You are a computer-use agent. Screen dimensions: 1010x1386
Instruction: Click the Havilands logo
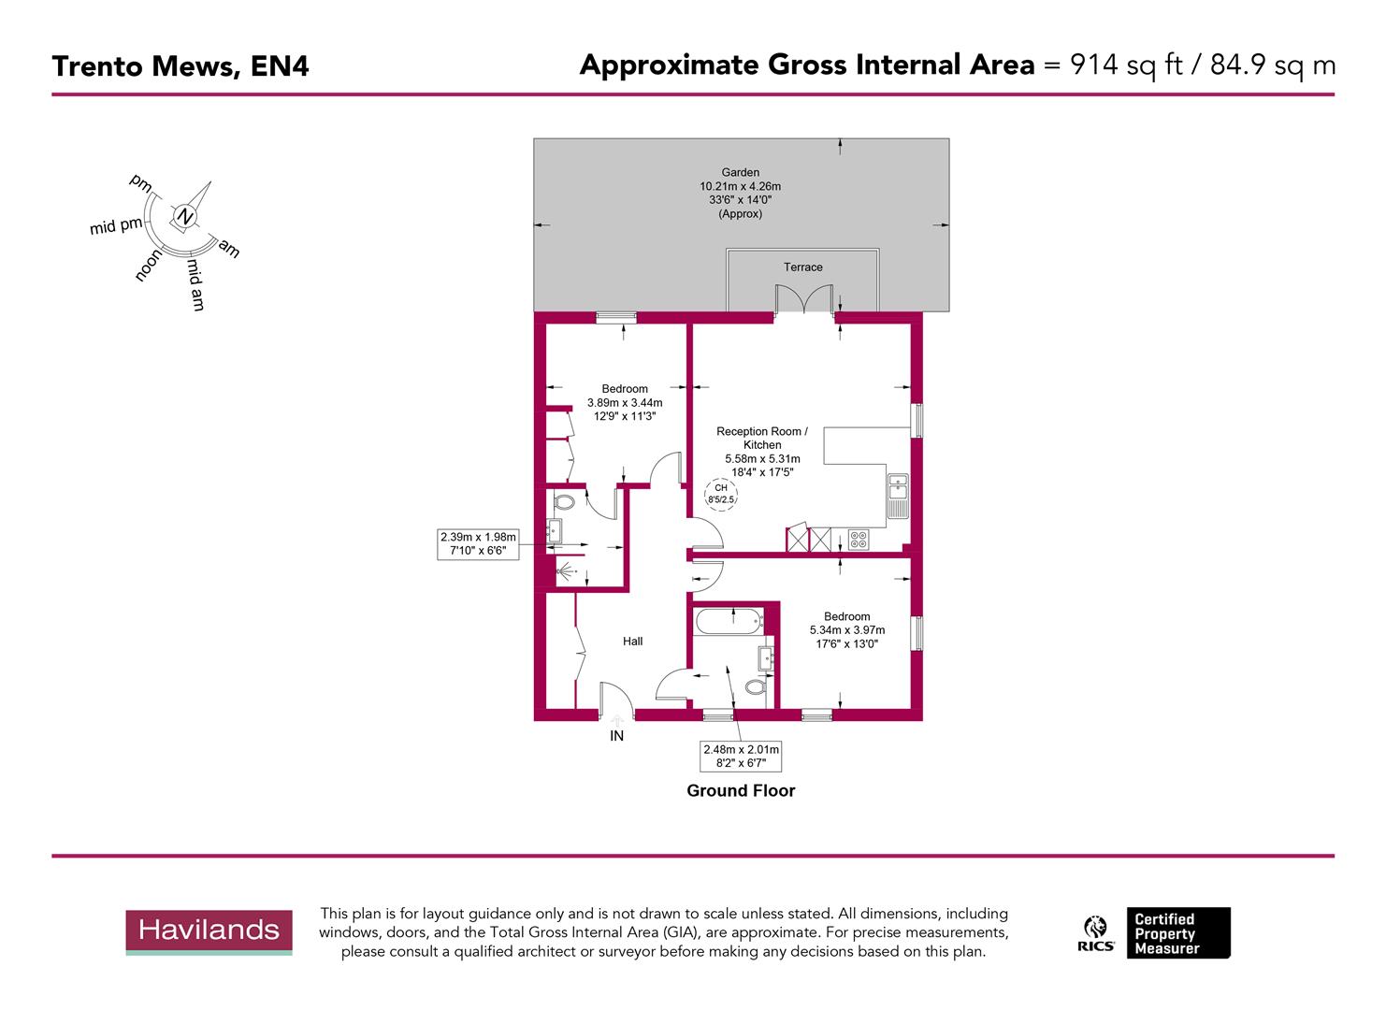tap(209, 931)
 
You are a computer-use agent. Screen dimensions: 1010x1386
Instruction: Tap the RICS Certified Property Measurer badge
tap(1155, 933)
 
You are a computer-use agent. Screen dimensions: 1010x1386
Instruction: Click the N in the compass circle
tap(185, 218)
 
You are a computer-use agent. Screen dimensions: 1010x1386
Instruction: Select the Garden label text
tap(741, 172)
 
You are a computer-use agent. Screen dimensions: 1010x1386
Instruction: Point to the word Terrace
tap(802, 267)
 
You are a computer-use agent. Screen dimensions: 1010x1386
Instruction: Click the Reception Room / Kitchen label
tap(762, 438)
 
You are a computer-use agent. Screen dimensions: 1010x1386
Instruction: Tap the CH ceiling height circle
tap(721, 494)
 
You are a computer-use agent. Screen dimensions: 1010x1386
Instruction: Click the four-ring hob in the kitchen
tap(858, 540)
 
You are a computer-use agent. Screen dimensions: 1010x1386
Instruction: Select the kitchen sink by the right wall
tap(898, 487)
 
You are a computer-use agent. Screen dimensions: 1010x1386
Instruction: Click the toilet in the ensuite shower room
tap(563, 502)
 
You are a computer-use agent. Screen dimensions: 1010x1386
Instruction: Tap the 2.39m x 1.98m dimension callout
tap(478, 544)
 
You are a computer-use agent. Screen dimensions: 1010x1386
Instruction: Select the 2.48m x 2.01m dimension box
tap(741, 756)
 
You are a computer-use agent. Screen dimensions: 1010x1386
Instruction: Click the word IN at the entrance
tap(616, 736)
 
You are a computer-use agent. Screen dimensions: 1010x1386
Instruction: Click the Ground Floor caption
tap(741, 790)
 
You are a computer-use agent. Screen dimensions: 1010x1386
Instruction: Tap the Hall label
tap(633, 642)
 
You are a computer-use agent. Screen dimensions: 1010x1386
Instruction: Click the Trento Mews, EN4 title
tap(180, 66)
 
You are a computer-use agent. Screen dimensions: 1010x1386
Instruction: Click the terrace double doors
tap(803, 301)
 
